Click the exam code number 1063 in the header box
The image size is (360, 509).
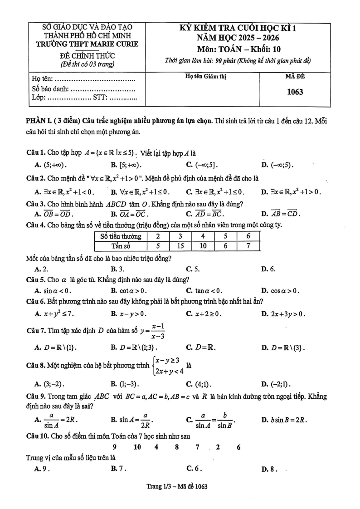295,92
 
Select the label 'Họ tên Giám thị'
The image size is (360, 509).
206,77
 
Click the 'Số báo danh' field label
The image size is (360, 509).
51,89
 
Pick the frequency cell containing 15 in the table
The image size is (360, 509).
180,245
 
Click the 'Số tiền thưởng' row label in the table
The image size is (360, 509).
121,236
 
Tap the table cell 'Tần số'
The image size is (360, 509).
121,245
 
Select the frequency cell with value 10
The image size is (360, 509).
203,245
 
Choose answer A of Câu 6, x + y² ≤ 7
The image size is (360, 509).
54,313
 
